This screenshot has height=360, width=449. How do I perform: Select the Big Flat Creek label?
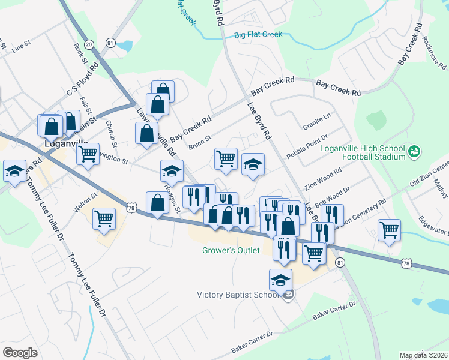pos(258,35)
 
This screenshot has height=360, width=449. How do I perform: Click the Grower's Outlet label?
pos(231,250)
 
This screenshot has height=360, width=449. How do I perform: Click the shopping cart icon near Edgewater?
pos(390,230)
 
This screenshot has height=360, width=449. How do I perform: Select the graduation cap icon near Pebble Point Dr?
pos(253,164)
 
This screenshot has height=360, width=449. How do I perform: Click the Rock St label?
pos(79,52)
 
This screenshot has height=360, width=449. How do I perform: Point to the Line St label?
pos(20,46)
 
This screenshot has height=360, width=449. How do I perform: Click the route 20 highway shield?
pos(89,44)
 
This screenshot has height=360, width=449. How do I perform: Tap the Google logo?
pos(20,352)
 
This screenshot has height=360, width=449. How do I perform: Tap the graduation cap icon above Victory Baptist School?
pos(280,280)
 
